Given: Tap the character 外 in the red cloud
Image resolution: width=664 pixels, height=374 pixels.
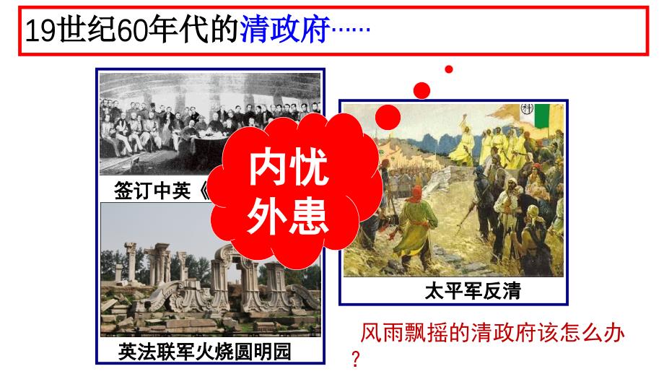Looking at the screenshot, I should [x=266, y=214].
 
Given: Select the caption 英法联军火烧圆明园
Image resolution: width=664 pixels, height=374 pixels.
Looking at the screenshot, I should [x=208, y=352].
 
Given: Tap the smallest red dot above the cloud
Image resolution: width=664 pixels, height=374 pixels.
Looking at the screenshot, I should [x=448, y=69].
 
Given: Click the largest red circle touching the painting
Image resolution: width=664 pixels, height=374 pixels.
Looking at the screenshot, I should [x=388, y=117].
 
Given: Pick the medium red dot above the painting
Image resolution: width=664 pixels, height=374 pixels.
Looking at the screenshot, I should [x=421, y=90].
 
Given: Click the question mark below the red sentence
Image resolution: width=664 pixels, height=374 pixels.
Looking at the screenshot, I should [x=354, y=359].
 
